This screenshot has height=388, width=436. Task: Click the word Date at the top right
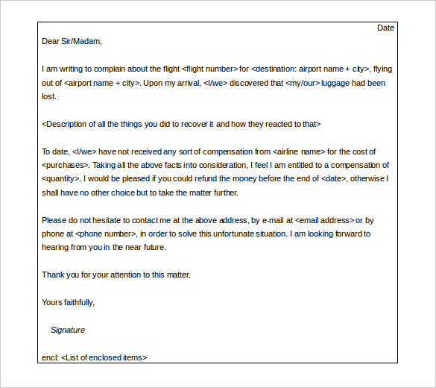[385, 28]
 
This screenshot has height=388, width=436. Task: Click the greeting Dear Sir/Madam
[72, 42]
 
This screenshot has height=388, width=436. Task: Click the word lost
[48, 96]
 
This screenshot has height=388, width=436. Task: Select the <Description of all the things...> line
[181, 124]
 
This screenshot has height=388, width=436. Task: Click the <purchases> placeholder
[66, 165]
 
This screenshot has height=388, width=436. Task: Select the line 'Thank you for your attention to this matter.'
[116, 275]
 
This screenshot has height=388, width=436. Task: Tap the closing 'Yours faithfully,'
[69, 302]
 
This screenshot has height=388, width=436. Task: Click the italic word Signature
[68, 330]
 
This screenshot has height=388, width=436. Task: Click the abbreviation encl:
[49, 357]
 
